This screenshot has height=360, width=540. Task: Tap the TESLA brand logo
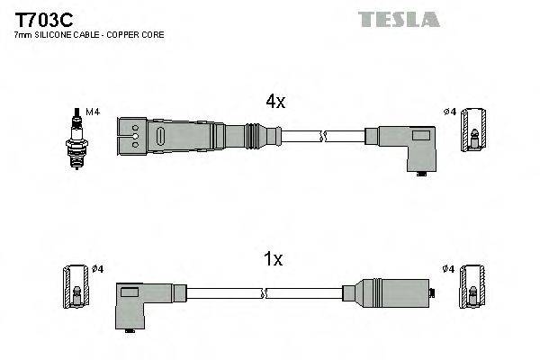click(x=399, y=19)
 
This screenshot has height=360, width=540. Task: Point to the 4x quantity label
click(x=274, y=102)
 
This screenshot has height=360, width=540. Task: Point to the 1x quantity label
click(x=273, y=260)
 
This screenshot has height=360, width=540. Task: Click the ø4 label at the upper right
click(x=450, y=112)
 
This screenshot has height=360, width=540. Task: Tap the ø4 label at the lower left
click(x=98, y=268)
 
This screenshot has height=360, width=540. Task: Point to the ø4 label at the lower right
click(x=447, y=268)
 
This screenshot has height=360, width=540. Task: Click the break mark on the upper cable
click(x=325, y=137)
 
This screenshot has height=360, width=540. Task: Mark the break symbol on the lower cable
click(x=266, y=293)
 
